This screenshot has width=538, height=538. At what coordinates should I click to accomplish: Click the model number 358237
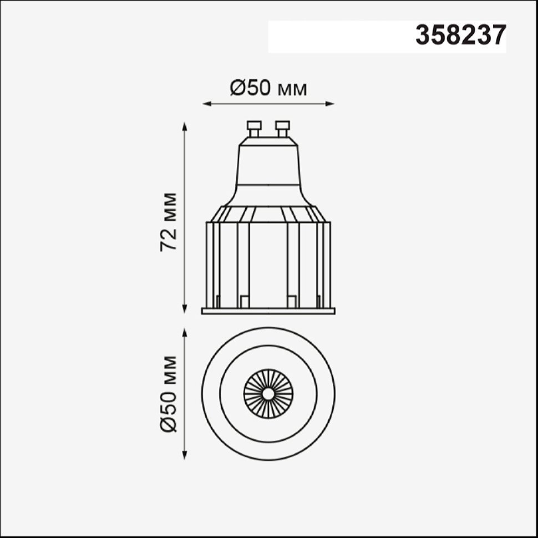coord(461,35)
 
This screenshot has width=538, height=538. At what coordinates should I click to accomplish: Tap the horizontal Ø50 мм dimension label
coord(268,89)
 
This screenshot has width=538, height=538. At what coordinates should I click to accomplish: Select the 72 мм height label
coord(168,222)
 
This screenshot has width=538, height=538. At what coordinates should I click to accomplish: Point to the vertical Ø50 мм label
coord(168,394)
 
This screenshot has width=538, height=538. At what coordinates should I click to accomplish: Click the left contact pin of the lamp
coord(254,129)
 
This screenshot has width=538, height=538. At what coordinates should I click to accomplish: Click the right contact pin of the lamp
coord(282,129)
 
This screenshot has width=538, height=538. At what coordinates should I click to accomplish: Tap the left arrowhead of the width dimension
coord(207,104)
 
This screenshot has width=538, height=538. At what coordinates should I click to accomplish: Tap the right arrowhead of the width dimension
coord(329,104)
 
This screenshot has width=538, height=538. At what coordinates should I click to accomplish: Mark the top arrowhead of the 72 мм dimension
coord(185,126)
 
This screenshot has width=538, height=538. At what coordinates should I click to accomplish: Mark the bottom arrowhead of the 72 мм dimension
coord(185,309)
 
